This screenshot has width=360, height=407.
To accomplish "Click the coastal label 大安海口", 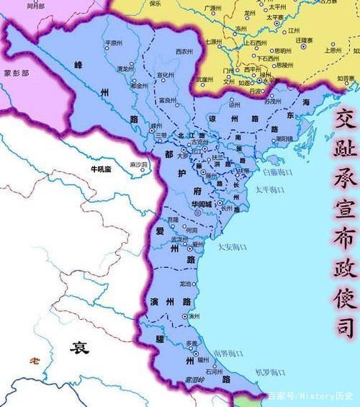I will pyautogui.click(x=232, y=247).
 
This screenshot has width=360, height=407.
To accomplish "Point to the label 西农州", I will pyautogui.click(x=184, y=53).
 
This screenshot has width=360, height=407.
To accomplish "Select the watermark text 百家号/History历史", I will pyautogui.click(x=310, y=395).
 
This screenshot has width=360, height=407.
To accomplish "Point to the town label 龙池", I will pyautogui.click(x=186, y=284).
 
